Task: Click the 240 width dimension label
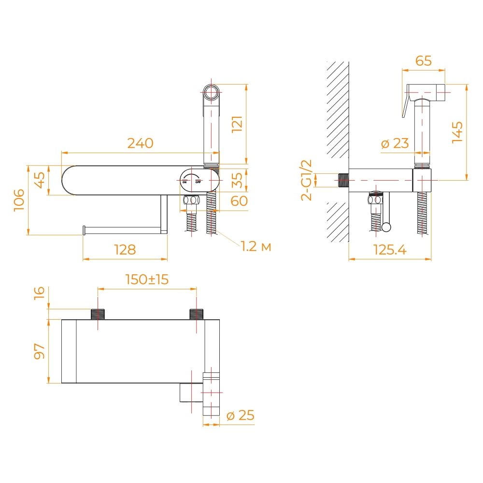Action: click(140, 143)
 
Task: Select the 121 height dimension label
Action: click(237, 124)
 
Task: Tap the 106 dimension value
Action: click(19, 200)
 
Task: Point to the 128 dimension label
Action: click(125, 250)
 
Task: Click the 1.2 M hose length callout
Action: click(256, 246)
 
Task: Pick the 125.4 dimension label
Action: click(390, 250)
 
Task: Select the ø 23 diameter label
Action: click(395, 143)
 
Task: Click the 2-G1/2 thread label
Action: click(307, 180)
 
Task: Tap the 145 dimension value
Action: click(457, 132)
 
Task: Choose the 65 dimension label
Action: click(424, 61)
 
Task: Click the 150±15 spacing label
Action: click(147, 279)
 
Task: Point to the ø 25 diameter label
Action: click(240, 415)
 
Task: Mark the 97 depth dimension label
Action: click(39, 351)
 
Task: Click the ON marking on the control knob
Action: click(185, 183)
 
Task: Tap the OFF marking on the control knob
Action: click(198, 183)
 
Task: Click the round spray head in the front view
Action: click(211, 92)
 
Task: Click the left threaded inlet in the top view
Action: click(98, 314)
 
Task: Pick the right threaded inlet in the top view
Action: click(196, 314)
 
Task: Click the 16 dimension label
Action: click(40, 293)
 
